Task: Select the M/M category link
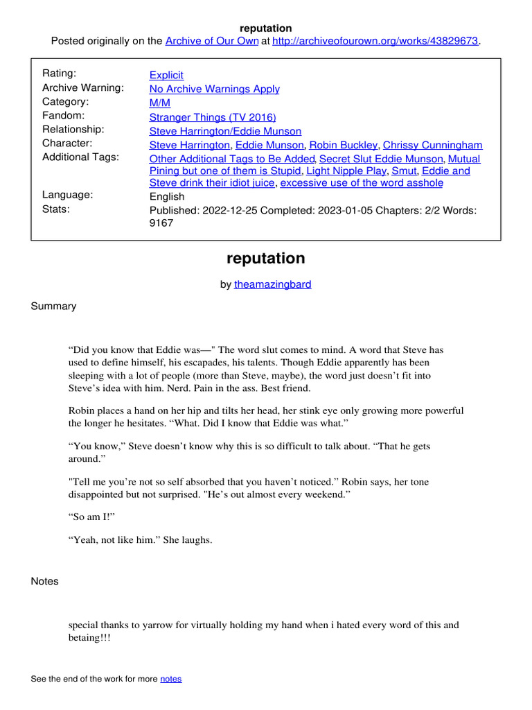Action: (x=159, y=103)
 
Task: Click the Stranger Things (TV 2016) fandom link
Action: (x=213, y=117)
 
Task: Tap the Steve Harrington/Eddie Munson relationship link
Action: (x=225, y=131)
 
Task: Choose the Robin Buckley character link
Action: (x=344, y=145)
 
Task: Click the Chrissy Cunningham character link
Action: (x=432, y=145)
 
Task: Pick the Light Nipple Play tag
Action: (x=346, y=171)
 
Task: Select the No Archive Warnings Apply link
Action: (x=215, y=89)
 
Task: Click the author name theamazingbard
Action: (x=273, y=284)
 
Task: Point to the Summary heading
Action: (x=53, y=306)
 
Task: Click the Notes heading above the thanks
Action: (x=45, y=581)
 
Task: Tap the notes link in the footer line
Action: (x=171, y=679)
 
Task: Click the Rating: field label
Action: (x=60, y=73)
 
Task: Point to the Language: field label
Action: (x=68, y=195)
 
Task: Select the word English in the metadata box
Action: (x=167, y=196)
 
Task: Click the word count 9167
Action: (x=161, y=223)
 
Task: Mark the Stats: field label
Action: (x=55, y=209)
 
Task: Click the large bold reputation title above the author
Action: (x=265, y=259)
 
